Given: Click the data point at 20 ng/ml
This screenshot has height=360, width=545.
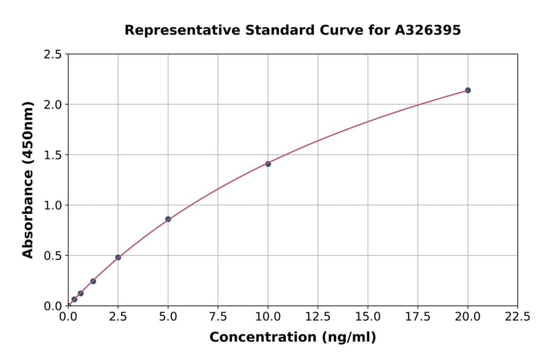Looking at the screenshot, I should (467, 90).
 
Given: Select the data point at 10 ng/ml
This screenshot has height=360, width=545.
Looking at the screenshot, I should (268, 164).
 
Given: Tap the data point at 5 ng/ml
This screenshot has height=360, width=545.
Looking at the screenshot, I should (168, 219).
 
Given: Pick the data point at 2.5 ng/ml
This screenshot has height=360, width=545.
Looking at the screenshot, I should (118, 258).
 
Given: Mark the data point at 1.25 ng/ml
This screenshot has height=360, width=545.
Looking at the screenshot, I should (93, 281).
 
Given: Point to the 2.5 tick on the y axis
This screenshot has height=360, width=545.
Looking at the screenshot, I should (53, 55).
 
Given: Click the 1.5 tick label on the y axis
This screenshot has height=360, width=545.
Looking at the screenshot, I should (53, 155).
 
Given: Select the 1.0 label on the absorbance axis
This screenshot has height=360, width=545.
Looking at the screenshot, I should (53, 205).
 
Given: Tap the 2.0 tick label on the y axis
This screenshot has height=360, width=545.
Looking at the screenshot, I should (53, 105).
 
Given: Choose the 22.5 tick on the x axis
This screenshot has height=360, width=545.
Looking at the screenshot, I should (517, 316).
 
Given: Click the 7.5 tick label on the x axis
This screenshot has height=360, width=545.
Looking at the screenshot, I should (218, 316).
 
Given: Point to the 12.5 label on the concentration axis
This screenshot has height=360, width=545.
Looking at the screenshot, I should (318, 316).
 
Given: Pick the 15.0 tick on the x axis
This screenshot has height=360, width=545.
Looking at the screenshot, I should (368, 316).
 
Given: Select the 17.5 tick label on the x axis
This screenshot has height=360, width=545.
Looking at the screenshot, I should (418, 316).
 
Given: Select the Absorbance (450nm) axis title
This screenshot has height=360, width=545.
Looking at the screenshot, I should (28, 180).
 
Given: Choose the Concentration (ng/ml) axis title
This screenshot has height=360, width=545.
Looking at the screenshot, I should (292, 337).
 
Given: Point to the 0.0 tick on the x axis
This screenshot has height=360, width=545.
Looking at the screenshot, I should (68, 316).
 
